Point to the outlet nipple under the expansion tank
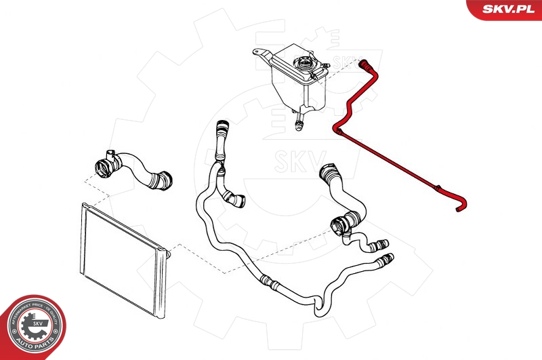(x=298, y=123)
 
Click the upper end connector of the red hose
(x=364, y=64)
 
